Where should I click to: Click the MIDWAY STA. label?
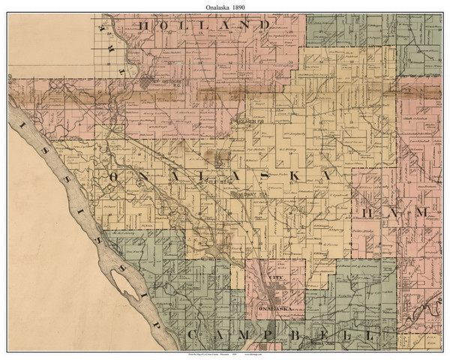pos(252,194)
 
